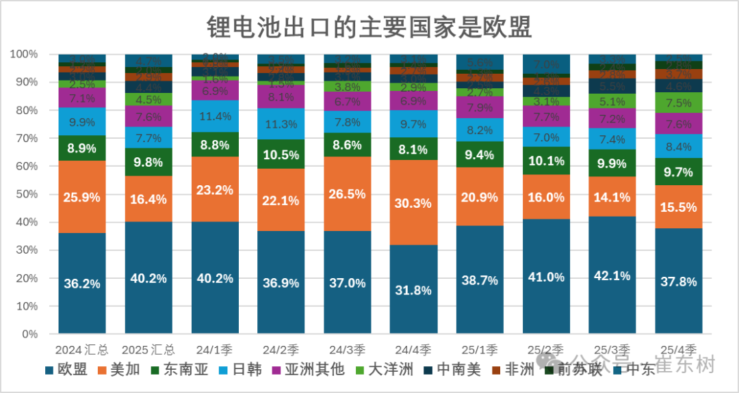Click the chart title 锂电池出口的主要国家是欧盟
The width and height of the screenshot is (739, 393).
369,27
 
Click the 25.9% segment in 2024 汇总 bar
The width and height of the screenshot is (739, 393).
82,197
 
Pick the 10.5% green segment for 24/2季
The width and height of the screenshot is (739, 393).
281,154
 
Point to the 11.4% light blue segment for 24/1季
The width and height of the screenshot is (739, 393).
214,116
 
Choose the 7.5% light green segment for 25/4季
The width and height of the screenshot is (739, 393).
679,103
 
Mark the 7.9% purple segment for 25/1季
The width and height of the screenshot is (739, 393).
480,107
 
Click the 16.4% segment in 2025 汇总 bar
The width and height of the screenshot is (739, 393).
148,199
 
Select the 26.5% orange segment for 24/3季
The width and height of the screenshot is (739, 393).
347,193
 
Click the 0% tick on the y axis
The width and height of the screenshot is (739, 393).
29,334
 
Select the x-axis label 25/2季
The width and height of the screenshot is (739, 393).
546,348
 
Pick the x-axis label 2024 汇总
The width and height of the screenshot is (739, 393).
82,348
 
